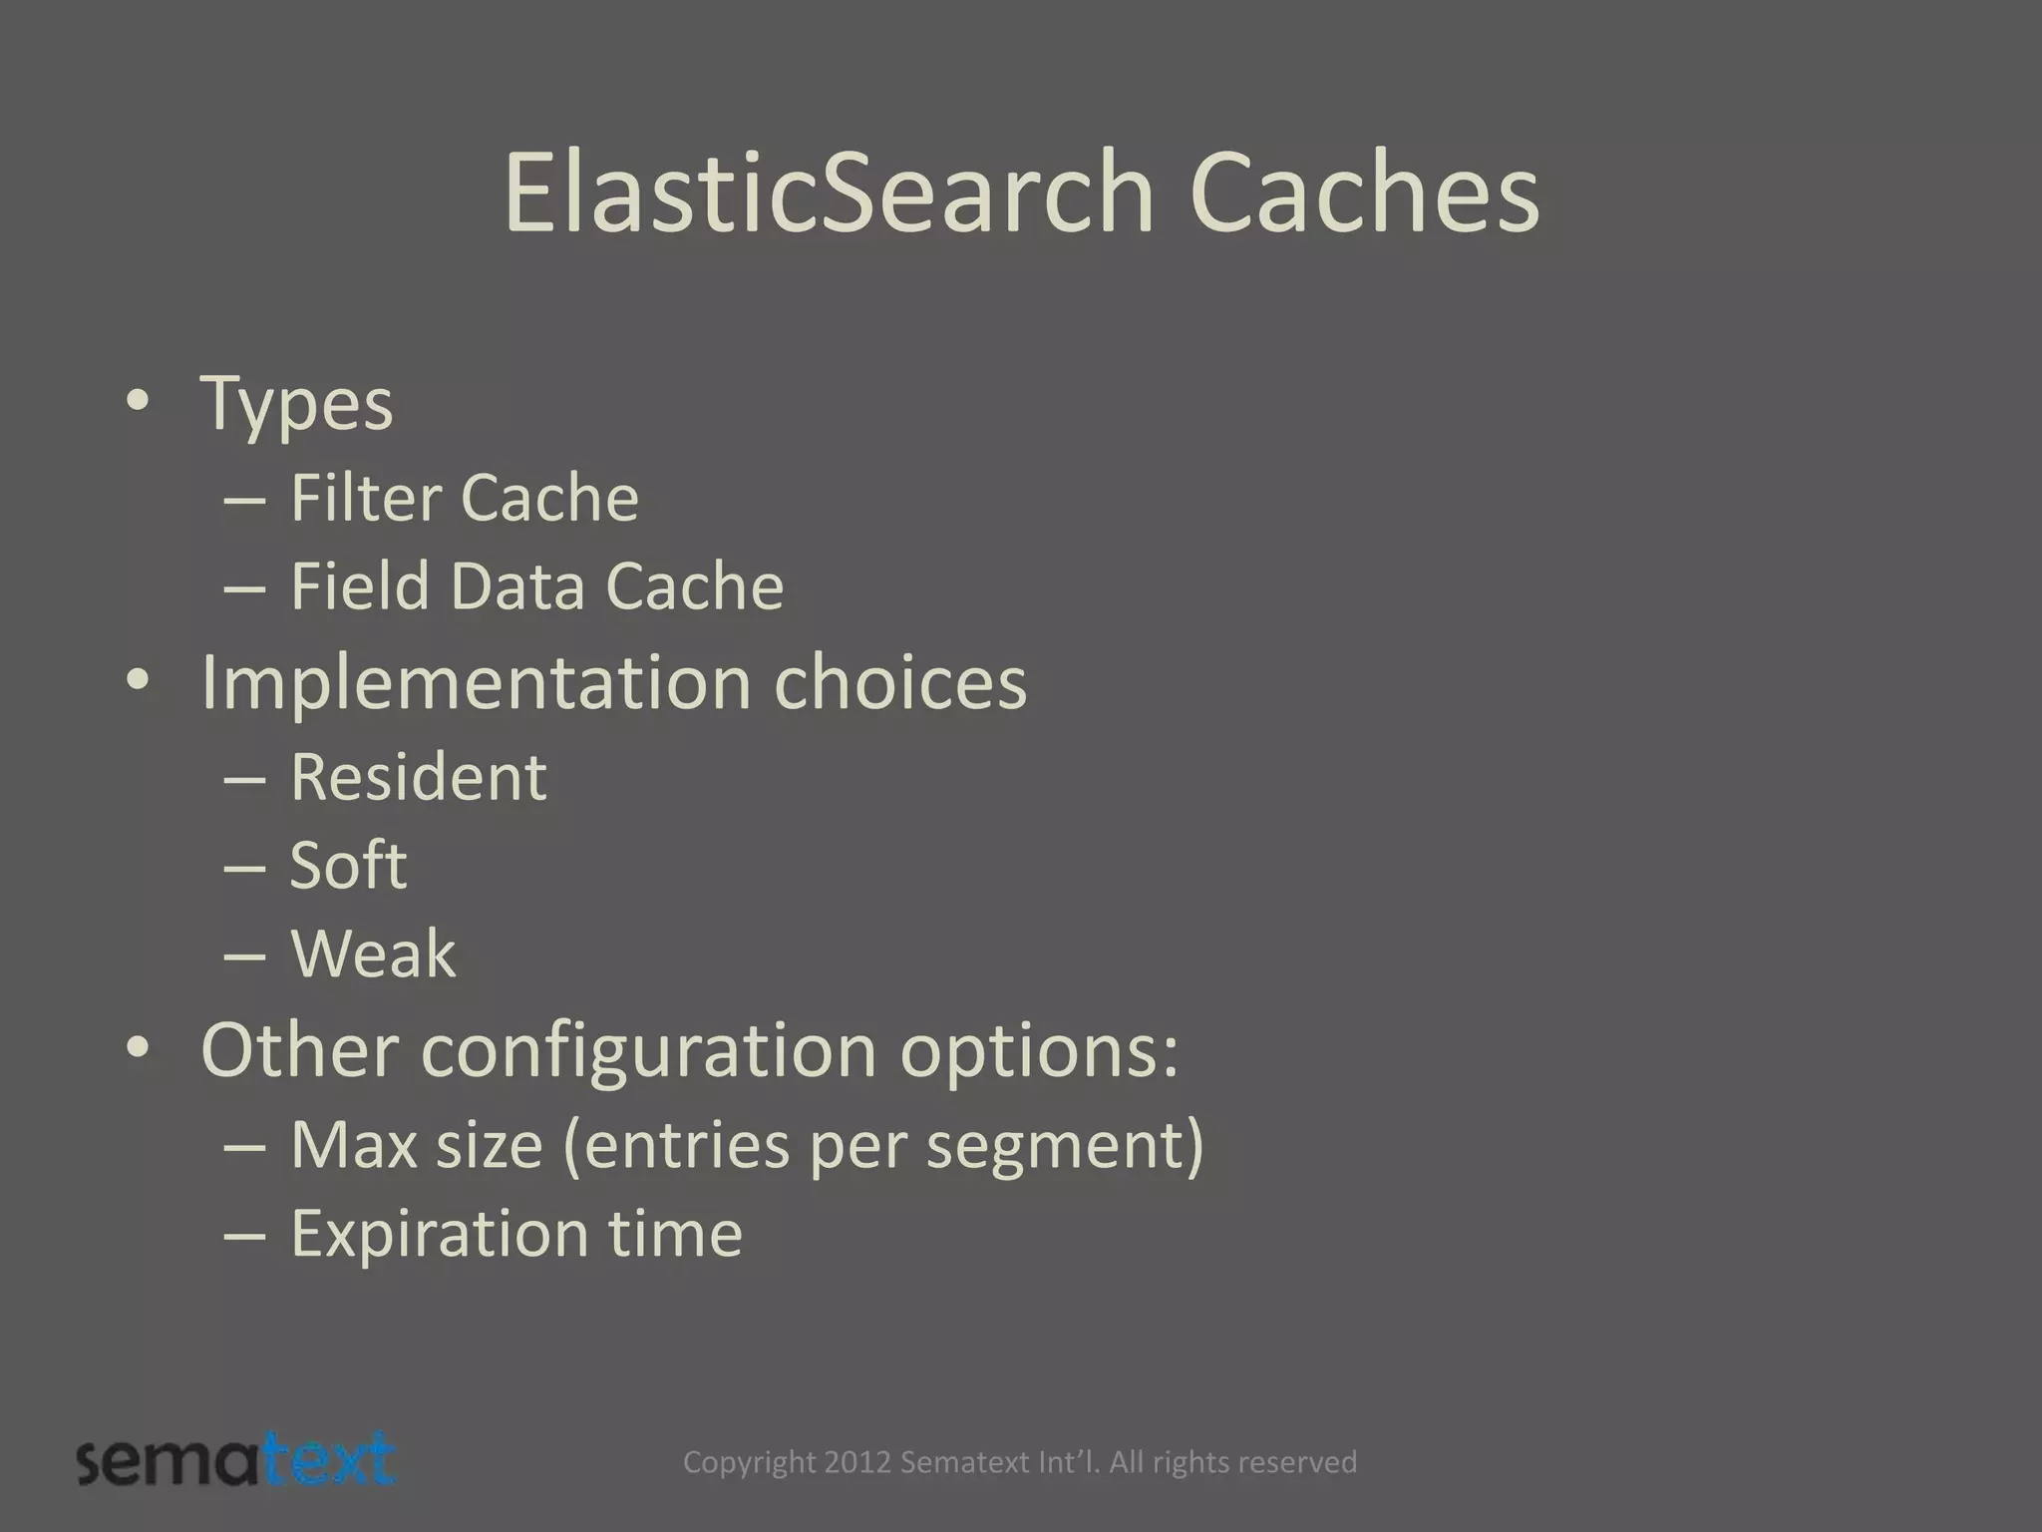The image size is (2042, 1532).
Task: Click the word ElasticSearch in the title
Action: click(x=828, y=191)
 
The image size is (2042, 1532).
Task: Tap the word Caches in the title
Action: click(x=1363, y=191)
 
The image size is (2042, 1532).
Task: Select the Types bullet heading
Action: click(x=297, y=404)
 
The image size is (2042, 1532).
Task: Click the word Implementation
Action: click(x=475, y=683)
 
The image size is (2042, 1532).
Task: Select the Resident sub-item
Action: click(x=419, y=776)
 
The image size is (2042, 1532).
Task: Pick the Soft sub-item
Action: click(x=348, y=865)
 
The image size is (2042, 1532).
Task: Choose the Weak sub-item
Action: click(x=373, y=954)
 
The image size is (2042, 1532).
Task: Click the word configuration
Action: click(x=648, y=1050)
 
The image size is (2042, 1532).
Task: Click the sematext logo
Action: click(x=236, y=1461)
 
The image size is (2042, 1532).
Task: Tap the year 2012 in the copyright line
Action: click(x=858, y=1462)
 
